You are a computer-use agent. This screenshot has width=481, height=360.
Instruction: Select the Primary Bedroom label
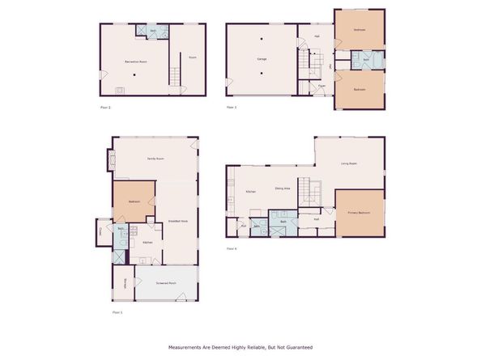click(359, 213)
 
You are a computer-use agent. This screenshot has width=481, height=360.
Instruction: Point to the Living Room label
click(349, 163)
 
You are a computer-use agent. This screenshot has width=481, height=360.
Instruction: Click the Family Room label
click(155, 159)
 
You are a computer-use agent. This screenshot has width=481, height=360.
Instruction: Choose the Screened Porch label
click(168, 283)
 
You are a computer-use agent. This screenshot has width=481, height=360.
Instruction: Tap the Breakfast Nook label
click(177, 221)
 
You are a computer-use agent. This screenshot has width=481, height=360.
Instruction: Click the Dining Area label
click(283, 188)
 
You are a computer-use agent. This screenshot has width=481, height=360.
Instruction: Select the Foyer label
click(321, 85)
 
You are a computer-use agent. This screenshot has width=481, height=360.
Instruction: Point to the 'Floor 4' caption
click(232, 248)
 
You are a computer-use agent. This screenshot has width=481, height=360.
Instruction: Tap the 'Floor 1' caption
click(117, 311)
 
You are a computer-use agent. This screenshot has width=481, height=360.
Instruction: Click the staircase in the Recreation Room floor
click(173, 78)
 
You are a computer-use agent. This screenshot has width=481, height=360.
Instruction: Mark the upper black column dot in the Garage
click(262, 40)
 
